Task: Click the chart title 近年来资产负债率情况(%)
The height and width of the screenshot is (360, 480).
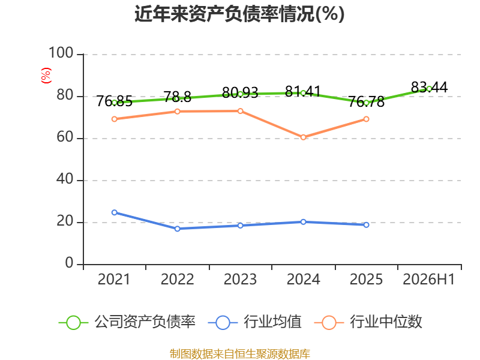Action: (239, 14)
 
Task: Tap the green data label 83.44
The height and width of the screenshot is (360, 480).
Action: (429, 87)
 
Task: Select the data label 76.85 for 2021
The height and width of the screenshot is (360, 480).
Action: (114, 101)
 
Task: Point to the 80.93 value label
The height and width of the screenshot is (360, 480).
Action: (240, 92)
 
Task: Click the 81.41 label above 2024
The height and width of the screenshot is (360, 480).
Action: (303, 91)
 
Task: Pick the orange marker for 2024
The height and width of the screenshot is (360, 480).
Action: (303, 137)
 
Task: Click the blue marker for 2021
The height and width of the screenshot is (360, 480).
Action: (115, 212)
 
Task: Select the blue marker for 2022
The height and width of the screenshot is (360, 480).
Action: (177, 229)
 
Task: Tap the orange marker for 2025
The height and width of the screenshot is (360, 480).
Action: (366, 119)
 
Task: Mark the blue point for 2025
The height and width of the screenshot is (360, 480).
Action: (366, 225)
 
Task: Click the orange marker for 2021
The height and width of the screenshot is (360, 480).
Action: (115, 119)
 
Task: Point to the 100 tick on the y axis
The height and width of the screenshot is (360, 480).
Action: (61, 53)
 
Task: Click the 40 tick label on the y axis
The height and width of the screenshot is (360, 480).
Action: (65, 179)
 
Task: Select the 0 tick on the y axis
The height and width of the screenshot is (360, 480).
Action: (69, 263)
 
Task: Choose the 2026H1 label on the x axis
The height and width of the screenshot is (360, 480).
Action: (429, 280)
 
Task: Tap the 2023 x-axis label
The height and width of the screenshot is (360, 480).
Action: (240, 280)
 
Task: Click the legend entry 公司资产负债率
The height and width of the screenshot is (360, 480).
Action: (127, 322)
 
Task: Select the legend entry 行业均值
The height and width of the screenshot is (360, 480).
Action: (254, 322)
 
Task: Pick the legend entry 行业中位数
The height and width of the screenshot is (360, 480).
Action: (368, 322)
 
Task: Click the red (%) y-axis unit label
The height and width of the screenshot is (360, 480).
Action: (46, 76)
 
